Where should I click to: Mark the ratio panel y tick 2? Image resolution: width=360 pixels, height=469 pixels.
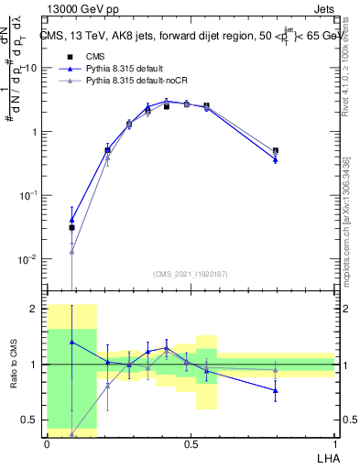(33, 309)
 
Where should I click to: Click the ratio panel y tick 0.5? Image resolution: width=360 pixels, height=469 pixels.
(28, 420)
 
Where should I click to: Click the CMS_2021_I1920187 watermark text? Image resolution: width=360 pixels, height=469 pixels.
(191, 274)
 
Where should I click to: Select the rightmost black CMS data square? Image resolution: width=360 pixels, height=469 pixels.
(276, 150)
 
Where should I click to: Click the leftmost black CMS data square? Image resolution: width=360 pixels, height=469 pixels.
(71, 227)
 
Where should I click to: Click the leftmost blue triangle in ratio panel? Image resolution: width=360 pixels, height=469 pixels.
(71, 342)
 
